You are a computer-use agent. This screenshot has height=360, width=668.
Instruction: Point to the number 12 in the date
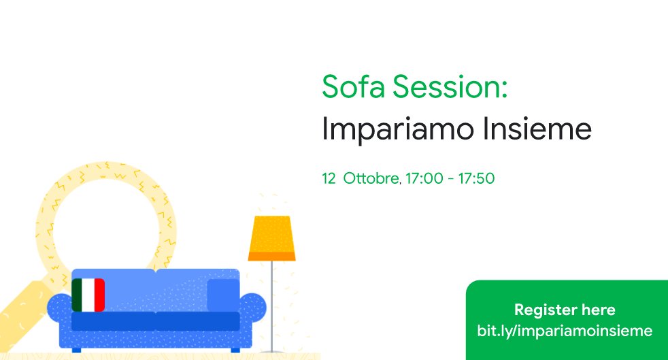click(329, 179)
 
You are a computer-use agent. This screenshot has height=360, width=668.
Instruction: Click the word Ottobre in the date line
click(371, 179)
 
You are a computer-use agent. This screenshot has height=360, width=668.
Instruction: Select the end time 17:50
click(476, 179)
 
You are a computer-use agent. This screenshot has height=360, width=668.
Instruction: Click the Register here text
click(565, 310)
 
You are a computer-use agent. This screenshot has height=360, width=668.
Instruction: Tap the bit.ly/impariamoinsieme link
click(565, 331)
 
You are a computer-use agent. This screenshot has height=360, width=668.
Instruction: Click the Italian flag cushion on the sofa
click(88, 295)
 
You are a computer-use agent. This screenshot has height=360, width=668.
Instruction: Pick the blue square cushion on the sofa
click(223, 294)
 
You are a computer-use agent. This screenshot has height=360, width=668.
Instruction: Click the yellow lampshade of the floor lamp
click(271, 233)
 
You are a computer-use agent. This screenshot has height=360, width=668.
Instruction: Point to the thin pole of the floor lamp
click(272, 299)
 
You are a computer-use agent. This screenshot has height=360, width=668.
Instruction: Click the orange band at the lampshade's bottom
click(271, 256)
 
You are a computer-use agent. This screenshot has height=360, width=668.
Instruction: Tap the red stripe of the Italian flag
click(99, 295)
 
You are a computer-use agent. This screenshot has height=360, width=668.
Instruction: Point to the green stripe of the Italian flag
click(77, 295)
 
